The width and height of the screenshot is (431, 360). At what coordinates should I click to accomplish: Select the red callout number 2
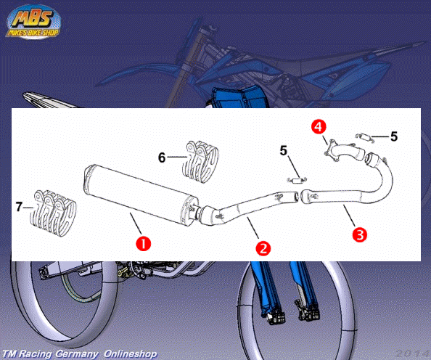pos(263,248)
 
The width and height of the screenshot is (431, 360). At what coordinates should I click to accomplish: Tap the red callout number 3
pos(360,234)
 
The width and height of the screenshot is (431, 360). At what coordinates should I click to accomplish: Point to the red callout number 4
pos(319,127)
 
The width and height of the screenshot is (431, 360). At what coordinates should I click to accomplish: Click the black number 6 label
pos(162,157)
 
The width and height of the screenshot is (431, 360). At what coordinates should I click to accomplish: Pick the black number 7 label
pos(19,207)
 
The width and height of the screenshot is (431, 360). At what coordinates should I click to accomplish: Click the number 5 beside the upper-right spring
pos(394,136)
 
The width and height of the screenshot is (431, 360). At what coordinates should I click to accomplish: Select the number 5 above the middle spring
pos(284,150)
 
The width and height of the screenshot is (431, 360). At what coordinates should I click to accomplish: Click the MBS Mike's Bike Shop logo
pos(33,22)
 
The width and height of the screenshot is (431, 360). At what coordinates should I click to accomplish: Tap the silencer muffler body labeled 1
pos(141,195)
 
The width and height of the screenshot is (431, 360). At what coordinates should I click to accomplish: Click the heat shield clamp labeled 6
pos(200,161)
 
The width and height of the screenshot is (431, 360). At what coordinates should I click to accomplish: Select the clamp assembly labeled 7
pos(53,213)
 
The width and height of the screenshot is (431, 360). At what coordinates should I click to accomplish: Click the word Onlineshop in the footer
pos(131,353)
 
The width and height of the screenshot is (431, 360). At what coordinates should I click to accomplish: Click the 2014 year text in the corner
pos(413,353)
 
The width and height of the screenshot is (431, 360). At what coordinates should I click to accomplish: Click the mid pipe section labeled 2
pos(247,207)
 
